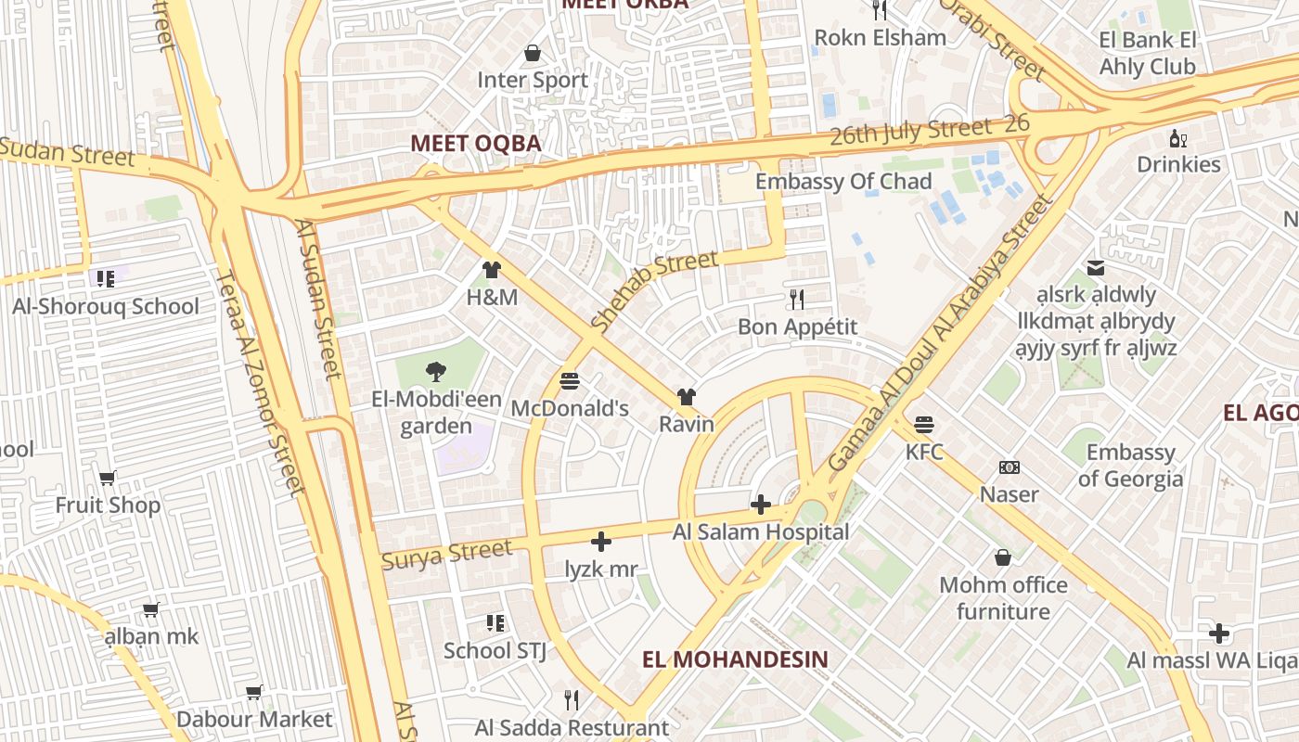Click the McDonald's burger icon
(x=570, y=381)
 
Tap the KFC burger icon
(x=923, y=425)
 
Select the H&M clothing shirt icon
(x=491, y=270)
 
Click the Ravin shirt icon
(x=686, y=397)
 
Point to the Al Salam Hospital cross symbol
(x=761, y=505)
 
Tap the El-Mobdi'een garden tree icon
(x=435, y=372)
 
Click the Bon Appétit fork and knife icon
(x=796, y=299)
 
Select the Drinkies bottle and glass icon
(x=1178, y=138)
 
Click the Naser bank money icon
(x=1009, y=467)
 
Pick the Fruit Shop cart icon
(x=108, y=479)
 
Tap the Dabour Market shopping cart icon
(x=253, y=692)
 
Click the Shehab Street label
(x=654, y=291)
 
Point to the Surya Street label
(x=446, y=555)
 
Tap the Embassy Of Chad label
(x=843, y=181)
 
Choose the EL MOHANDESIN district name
(x=735, y=659)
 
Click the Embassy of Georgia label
(x=1130, y=466)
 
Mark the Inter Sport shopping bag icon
(x=533, y=53)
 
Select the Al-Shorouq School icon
(x=105, y=278)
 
